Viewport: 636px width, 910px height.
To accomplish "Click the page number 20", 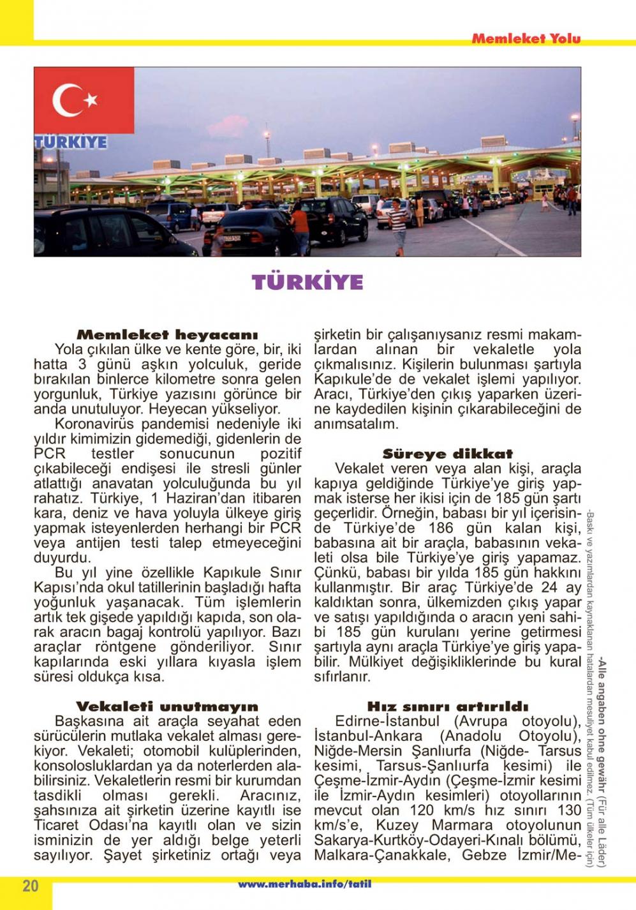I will pos(30,886).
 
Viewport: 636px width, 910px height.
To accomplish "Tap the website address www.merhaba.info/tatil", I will pos(304,884).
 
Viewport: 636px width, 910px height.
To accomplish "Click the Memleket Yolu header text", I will pos(526,38).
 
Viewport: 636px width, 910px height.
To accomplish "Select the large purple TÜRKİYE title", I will pos(307,282).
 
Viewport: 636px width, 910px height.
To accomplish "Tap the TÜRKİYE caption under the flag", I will pos(71,142).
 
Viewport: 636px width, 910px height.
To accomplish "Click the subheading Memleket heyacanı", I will pos(167,334).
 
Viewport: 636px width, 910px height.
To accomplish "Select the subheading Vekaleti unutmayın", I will pos(167,706).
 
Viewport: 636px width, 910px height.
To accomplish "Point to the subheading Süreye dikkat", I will pos(447,454).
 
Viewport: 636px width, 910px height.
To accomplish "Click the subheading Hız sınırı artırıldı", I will pos(447,706).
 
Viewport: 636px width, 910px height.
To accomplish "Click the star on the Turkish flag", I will pos(91,100).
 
